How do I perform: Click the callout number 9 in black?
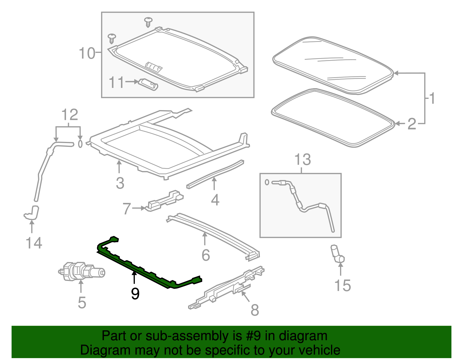135,294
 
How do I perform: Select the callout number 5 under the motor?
82,302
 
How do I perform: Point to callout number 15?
342,285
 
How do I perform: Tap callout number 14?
34,243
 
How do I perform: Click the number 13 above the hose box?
302,160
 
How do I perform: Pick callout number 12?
70,115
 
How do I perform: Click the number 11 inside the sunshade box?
116,82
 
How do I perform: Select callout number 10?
87,53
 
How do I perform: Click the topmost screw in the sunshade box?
148,21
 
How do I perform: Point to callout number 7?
127,209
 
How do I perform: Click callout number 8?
255,310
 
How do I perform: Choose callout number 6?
206,255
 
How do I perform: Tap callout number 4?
215,200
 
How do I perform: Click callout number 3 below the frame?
120,183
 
